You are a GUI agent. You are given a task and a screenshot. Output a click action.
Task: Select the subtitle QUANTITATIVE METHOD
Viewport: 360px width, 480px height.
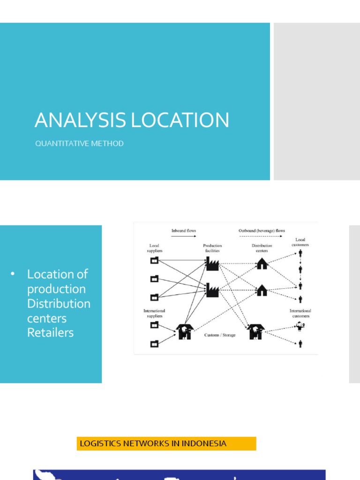79,143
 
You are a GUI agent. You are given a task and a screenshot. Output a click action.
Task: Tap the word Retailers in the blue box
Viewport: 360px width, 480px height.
50,333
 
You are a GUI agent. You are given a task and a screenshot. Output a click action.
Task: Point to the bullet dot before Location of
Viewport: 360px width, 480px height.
13,274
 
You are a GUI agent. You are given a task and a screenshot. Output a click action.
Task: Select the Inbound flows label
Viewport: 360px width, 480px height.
184,231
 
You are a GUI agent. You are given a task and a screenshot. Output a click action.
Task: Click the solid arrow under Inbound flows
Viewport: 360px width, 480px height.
184,237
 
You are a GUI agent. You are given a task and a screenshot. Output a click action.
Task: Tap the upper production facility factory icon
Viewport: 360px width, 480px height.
212,265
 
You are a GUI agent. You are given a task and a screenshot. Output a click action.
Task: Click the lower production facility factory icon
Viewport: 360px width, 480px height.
212,291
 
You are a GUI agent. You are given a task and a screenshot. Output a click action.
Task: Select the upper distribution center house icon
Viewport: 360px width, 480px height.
262,264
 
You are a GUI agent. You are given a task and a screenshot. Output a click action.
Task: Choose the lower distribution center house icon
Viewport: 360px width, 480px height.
262,291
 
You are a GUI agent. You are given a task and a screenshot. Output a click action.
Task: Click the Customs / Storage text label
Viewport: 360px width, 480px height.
220,335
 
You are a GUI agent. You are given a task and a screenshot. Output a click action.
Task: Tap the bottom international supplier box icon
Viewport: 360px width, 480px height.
155,344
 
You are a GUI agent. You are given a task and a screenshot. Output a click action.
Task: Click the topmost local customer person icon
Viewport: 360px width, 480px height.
300,254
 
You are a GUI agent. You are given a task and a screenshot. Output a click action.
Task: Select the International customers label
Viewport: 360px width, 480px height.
300,313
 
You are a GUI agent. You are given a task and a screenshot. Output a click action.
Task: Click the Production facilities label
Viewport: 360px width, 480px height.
212,248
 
